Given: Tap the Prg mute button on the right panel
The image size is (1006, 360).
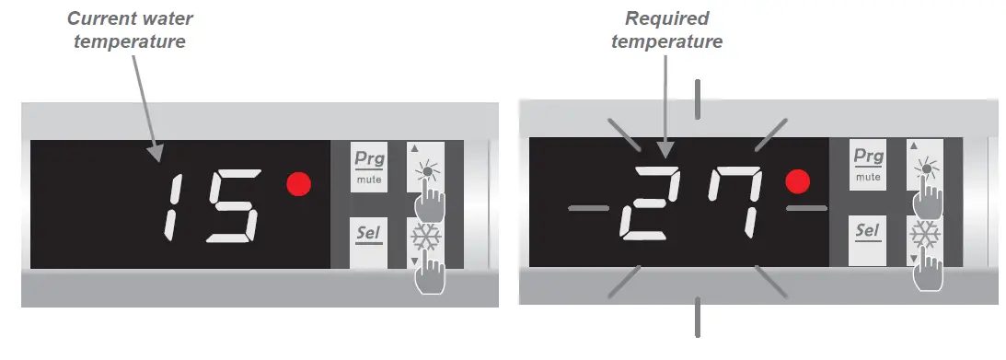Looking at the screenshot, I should coord(868,164).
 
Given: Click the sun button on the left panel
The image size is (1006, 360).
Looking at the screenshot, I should coord(424,166).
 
